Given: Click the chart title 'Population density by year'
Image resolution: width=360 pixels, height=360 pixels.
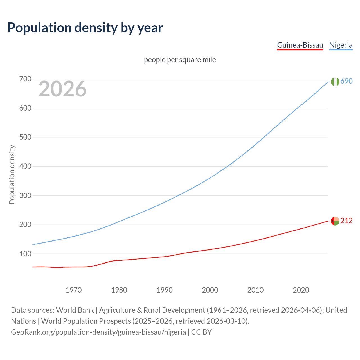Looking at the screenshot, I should pyautogui.click(x=85, y=28).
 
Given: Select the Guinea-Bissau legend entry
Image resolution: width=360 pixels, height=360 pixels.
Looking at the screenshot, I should pyautogui.click(x=300, y=45).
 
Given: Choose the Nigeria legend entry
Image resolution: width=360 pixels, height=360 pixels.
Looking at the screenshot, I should pyautogui.click(x=341, y=45).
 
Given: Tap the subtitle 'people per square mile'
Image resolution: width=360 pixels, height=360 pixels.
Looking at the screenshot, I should pyautogui.click(x=180, y=60).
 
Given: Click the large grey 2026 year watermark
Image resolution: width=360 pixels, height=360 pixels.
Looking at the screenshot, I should pyautogui.click(x=62, y=89).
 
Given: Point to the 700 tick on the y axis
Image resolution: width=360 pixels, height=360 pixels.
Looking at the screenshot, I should pyautogui.click(x=25, y=79).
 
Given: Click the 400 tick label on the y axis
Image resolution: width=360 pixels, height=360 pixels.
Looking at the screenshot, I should pyautogui.click(x=25, y=166).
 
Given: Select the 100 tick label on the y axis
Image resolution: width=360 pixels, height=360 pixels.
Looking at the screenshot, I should pyautogui.click(x=25, y=254).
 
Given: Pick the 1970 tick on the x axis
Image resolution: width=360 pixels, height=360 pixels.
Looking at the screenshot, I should pyautogui.click(x=74, y=290).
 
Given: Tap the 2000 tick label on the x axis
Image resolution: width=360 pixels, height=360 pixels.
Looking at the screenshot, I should pyautogui.click(x=210, y=290).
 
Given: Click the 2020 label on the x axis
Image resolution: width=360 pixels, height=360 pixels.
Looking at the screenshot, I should pyautogui.click(x=301, y=290).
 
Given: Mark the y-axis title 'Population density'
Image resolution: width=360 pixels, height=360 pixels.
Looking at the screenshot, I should pyautogui.click(x=12, y=174).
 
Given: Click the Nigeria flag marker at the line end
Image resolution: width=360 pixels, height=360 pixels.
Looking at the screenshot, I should pyautogui.click(x=335, y=82).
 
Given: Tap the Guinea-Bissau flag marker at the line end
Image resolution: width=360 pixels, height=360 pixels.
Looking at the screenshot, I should pyautogui.click(x=335, y=221).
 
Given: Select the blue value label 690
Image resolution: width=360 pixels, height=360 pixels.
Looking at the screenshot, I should pyautogui.click(x=346, y=81).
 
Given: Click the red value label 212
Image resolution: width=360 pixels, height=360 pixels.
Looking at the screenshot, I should pyautogui.click(x=346, y=221).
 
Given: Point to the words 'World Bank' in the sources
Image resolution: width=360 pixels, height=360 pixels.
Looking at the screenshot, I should pyautogui.click(x=75, y=310).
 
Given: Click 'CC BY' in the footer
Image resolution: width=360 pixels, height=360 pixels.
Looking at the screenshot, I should pyautogui.click(x=201, y=332).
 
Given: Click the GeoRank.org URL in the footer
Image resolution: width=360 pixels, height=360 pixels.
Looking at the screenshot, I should pyautogui.click(x=98, y=332).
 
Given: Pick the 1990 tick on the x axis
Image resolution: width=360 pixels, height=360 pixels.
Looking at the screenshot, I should pyautogui.click(x=165, y=290).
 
